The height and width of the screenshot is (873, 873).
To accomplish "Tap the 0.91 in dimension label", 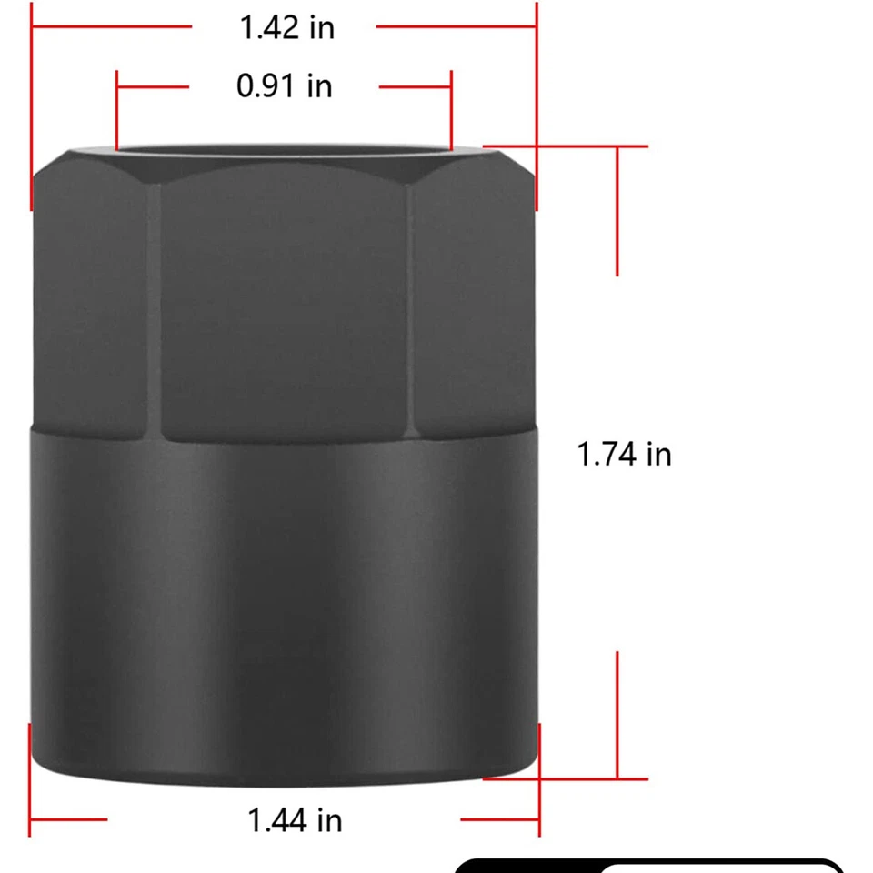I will click(x=284, y=86).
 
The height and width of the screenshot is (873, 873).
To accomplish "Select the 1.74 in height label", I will click(x=624, y=453).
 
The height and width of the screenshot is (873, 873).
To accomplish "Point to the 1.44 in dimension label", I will click(x=295, y=820).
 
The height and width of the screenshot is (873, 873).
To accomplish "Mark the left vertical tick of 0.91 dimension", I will click(x=117, y=109).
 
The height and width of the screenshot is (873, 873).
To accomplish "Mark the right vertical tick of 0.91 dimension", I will click(x=451, y=109).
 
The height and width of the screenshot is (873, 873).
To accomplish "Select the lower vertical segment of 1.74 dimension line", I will click(x=617, y=715).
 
